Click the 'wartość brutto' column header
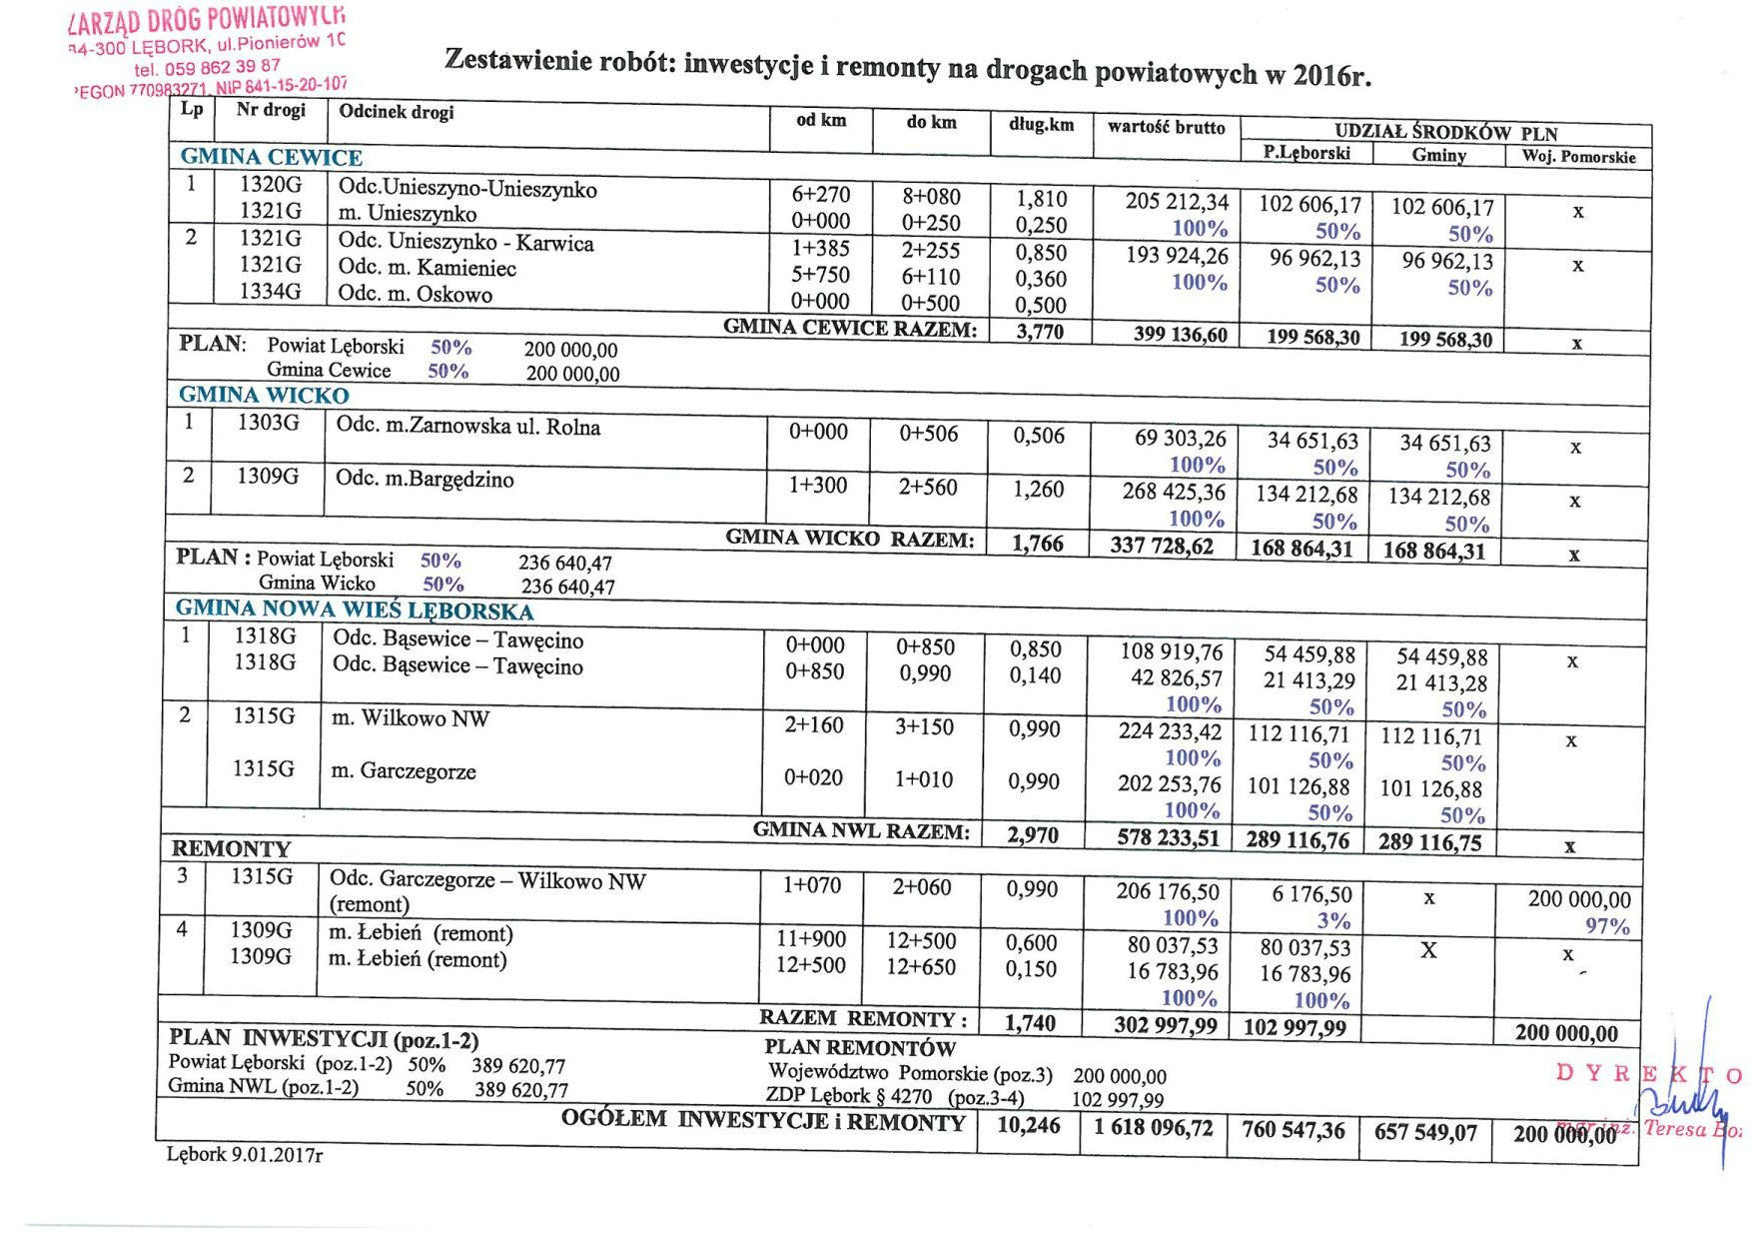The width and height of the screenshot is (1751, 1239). (1166, 127)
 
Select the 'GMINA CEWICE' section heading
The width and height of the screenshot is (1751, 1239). (271, 157)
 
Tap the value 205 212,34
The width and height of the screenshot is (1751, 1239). (1177, 202)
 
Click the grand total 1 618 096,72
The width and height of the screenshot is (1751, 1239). (1153, 1128)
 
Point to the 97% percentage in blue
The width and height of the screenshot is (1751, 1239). (1607, 926)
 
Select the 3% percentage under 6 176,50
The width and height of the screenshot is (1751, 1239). (1333, 920)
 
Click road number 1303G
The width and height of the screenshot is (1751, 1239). (268, 423)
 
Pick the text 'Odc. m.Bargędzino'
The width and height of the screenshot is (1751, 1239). (425, 479)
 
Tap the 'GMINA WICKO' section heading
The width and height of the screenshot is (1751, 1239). (264, 395)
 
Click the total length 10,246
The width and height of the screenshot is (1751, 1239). (1029, 1125)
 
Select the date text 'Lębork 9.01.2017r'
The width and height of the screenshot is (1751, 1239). (245, 1155)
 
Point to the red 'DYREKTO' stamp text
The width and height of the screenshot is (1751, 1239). (1648, 1074)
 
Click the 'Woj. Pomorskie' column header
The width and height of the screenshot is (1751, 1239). (1578, 157)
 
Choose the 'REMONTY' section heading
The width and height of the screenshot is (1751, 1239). (231, 849)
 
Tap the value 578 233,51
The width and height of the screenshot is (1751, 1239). (1168, 838)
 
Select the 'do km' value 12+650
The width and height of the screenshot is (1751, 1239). (921, 967)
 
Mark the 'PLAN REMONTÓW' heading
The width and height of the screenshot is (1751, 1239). (860, 1047)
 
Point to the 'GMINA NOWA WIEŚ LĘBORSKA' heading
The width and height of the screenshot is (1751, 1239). (354, 610)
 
